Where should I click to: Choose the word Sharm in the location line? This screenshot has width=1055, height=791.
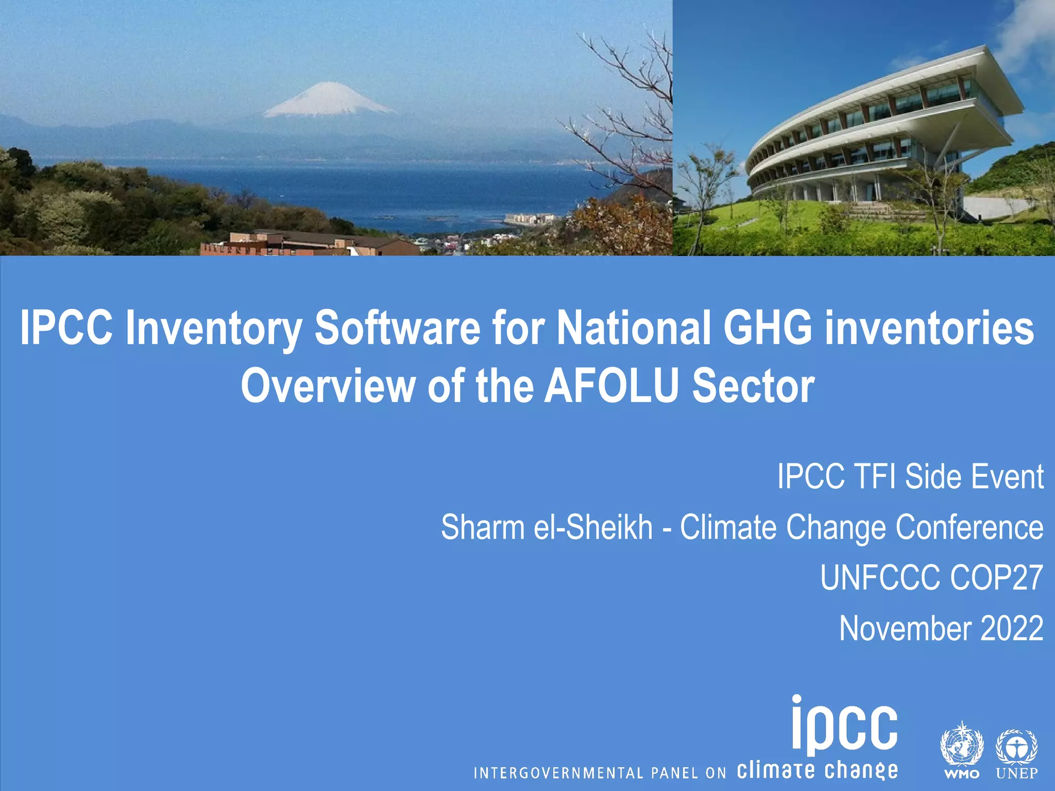[x=482, y=527]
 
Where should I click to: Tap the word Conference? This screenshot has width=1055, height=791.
[x=969, y=527]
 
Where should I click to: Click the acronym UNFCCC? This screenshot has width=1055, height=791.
[x=880, y=578]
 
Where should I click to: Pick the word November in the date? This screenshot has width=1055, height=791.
[x=905, y=628]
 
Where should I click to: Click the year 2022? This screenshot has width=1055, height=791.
[x=1012, y=628]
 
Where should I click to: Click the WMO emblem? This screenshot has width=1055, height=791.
[x=962, y=744]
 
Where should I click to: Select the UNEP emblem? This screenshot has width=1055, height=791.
[x=1016, y=747]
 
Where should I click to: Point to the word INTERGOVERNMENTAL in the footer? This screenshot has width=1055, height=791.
[x=558, y=773]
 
